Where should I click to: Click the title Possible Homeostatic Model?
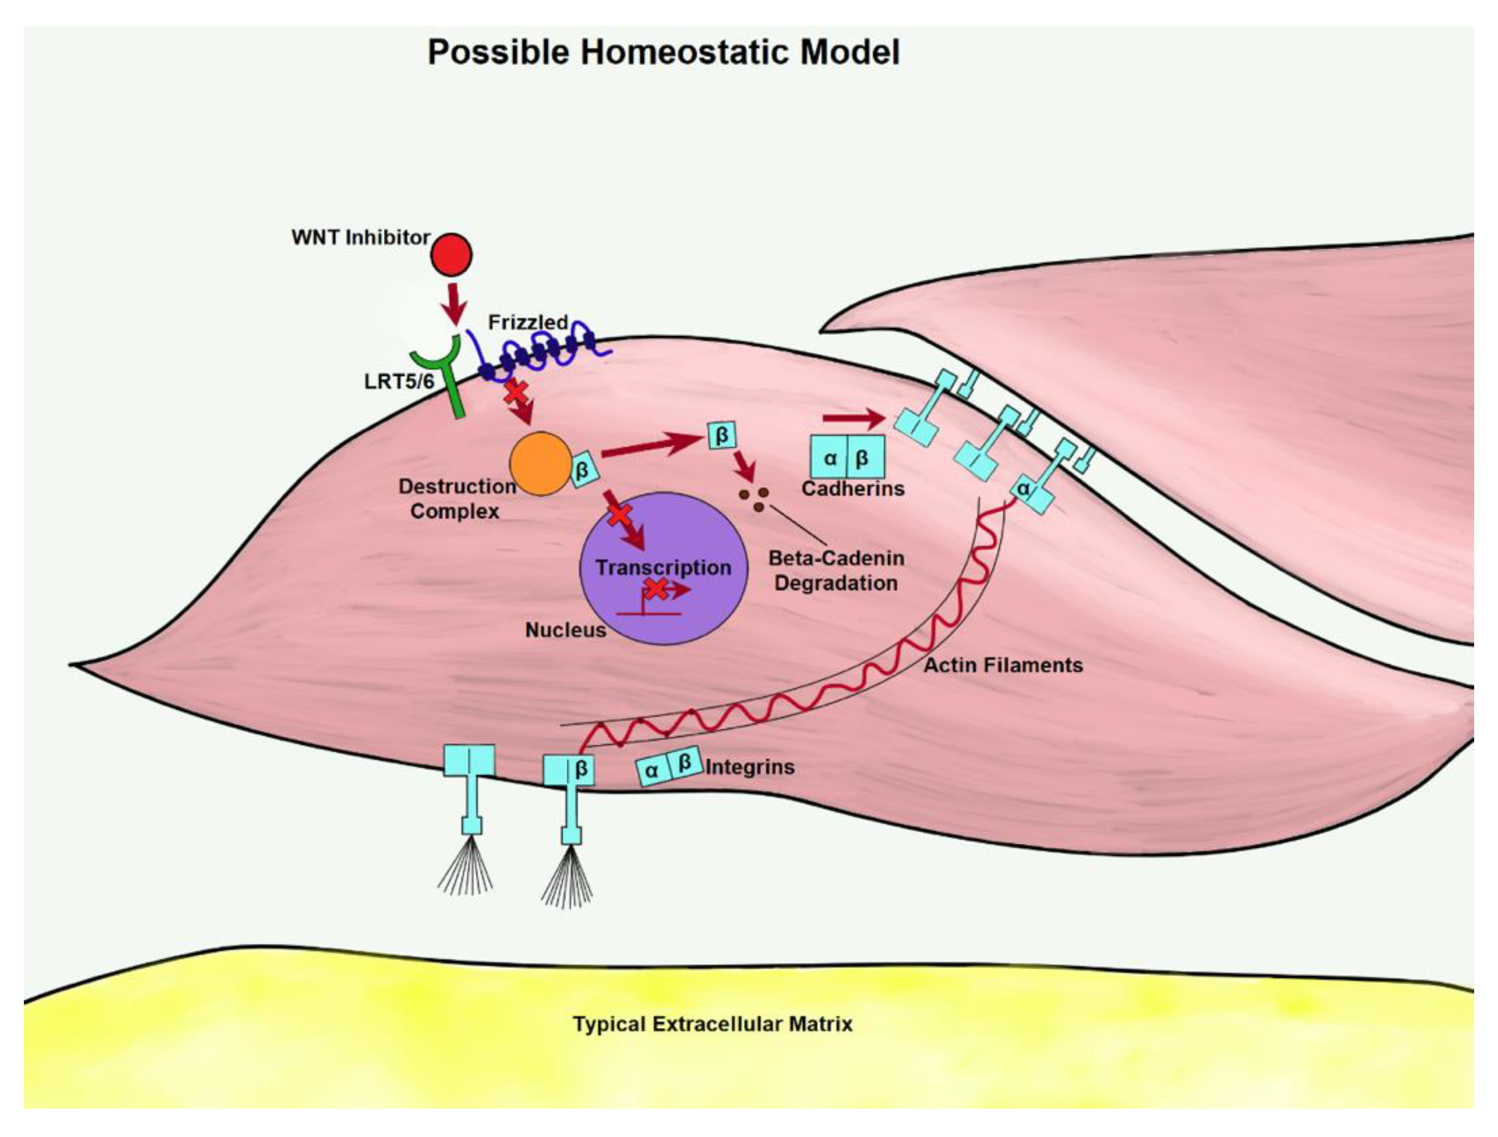[664, 52]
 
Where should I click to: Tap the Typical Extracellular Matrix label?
[713, 1023]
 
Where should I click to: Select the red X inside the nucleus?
[655, 588]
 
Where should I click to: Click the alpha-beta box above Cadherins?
[847, 458]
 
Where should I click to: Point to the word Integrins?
[750, 767]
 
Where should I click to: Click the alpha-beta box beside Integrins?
[668, 767]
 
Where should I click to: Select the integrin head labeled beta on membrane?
[570, 770]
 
